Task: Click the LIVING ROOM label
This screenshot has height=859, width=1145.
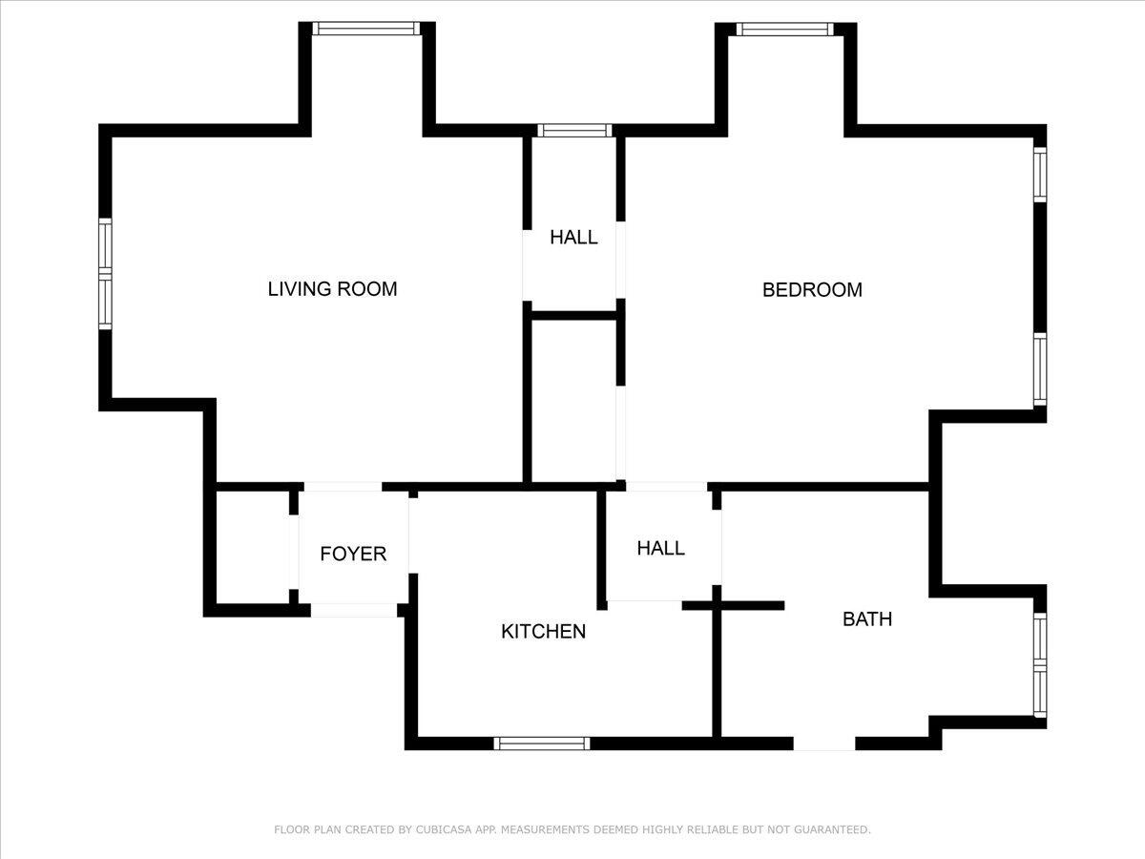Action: click(x=332, y=289)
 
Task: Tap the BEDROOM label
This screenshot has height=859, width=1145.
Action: click(x=812, y=290)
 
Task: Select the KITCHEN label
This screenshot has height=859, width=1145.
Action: click(x=543, y=632)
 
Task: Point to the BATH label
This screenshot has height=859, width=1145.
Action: click(x=867, y=619)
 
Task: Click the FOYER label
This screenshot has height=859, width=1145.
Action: click(x=353, y=554)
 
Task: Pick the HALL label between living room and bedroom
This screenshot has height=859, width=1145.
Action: click(x=573, y=238)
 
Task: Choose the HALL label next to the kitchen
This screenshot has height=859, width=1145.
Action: click(x=661, y=548)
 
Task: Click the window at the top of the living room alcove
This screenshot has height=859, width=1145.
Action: click(x=366, y=29)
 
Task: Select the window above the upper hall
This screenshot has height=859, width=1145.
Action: click(x=574, y=131)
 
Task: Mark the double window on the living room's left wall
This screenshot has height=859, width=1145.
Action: click(x=105, y=274)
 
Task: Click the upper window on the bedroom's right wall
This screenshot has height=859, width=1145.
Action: click(x=1040, y=175)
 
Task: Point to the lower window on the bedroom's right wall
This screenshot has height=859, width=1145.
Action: click(x=1040, y=369)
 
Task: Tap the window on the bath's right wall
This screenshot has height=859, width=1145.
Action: click(x=1040, y=665)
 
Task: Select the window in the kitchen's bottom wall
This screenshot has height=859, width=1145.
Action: click(x=542, y=744)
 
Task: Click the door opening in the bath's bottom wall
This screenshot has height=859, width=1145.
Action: click(x=824, y=744)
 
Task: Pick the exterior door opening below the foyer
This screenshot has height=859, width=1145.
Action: click(x=354, y=610)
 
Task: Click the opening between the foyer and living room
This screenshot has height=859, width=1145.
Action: click(x=343, y=487)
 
